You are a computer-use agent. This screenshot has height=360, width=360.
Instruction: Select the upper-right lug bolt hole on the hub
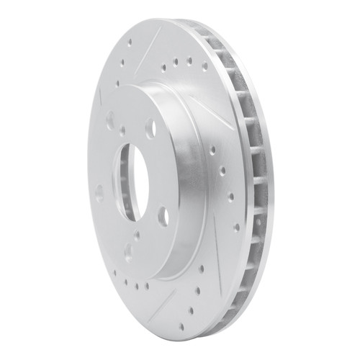(x=150, y=129)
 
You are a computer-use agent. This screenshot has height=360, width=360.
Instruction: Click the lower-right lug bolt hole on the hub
(x=163, y=216)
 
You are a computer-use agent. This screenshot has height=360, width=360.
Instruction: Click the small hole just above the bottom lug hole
(x=127, y=237)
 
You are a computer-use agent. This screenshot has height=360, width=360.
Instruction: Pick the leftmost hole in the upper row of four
(x=165, y=69)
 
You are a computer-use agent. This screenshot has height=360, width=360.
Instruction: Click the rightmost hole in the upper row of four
(x=204, y=65)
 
